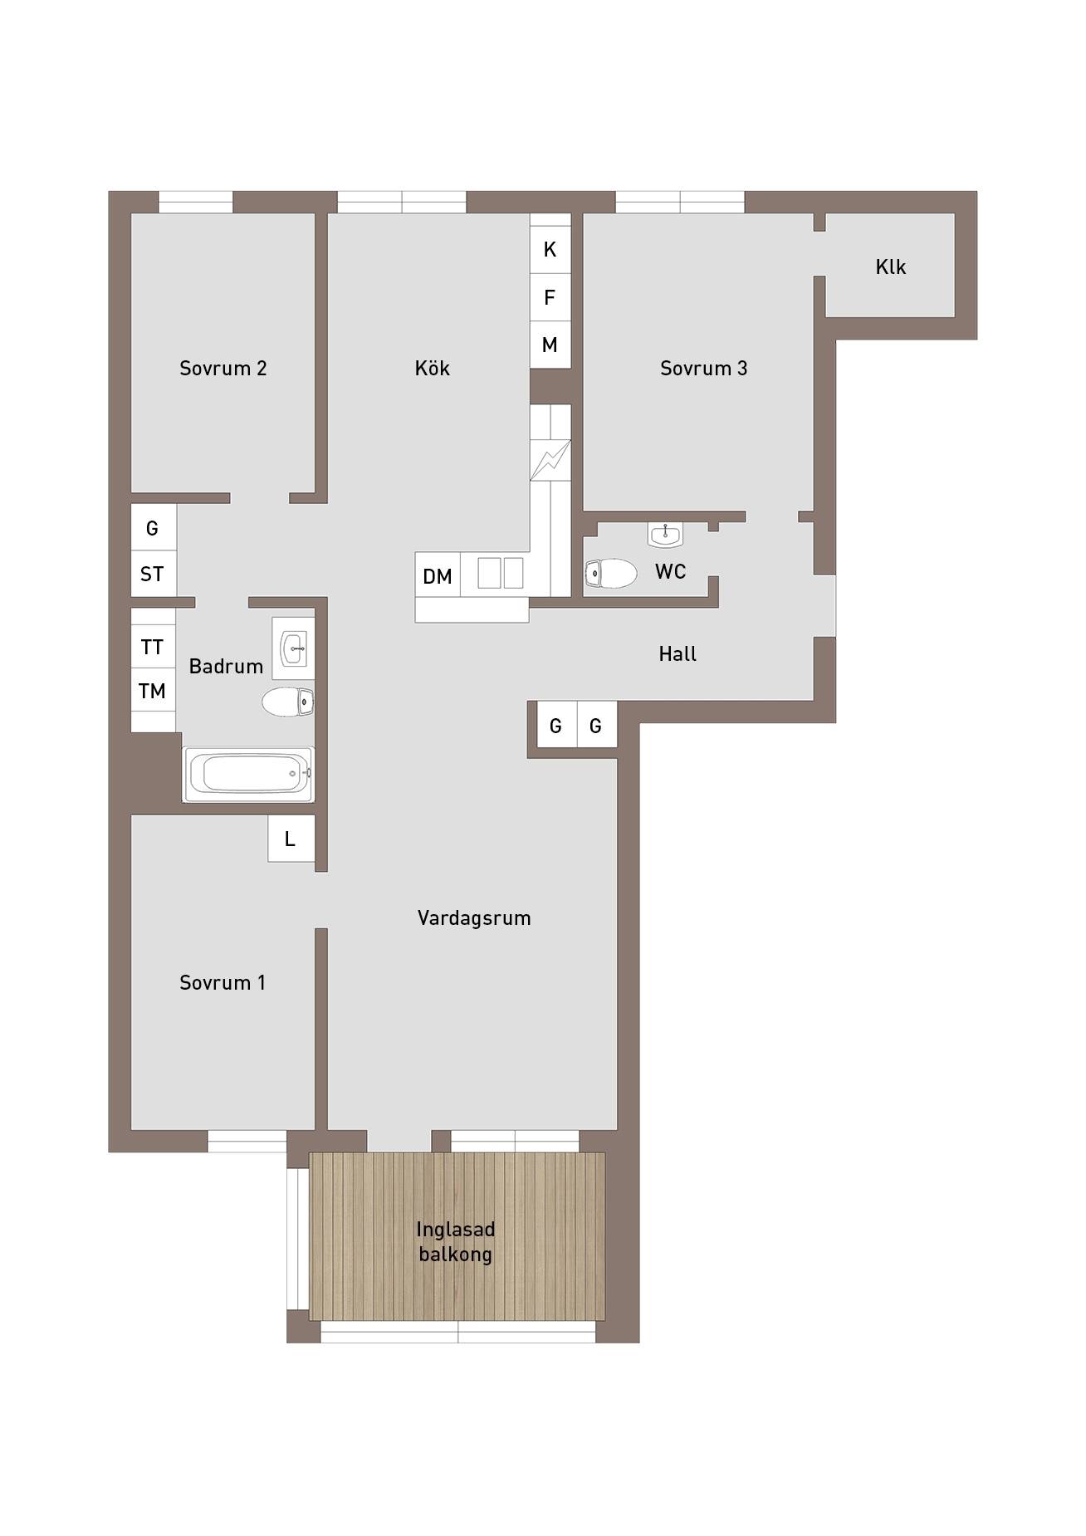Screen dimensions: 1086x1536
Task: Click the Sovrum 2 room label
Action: coord(223,368)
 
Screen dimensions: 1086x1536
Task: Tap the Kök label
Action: coord(432,367)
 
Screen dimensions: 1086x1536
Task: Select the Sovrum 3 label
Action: coord(703,368)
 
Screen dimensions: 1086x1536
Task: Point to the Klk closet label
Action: coord(890,267)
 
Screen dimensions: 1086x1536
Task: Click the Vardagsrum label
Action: coord(474,917)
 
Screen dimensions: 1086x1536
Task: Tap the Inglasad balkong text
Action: coord(455,1241)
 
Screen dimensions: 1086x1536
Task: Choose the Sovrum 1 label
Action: coord(223,982)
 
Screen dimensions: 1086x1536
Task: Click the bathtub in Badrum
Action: coord(248,774)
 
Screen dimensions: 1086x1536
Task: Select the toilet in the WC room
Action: coord(610,573)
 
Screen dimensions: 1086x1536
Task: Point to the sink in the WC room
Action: coord(665,536)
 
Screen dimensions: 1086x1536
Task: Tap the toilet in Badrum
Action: coord(287,702)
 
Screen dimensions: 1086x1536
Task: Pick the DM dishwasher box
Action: coord(438,575)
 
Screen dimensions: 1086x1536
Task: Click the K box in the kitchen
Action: coord(550,249)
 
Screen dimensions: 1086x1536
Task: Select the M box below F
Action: coord(550,345)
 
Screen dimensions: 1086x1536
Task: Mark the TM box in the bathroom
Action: coord(153,690)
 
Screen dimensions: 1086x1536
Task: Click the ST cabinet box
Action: coord(153,573)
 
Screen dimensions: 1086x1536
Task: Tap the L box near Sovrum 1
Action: coord(291,839)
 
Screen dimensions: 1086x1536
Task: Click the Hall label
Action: coord(678,654)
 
